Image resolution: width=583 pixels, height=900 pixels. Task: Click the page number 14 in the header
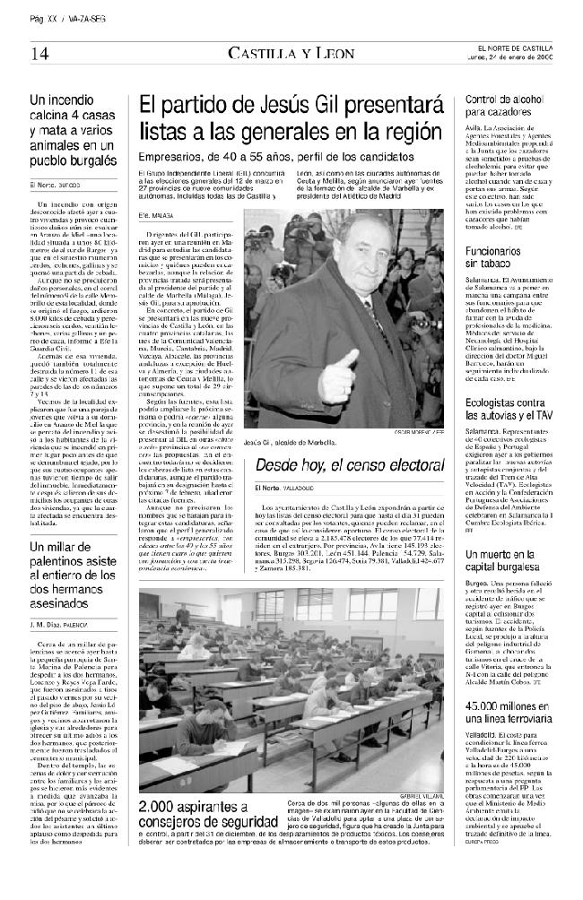[x=39, y=53]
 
